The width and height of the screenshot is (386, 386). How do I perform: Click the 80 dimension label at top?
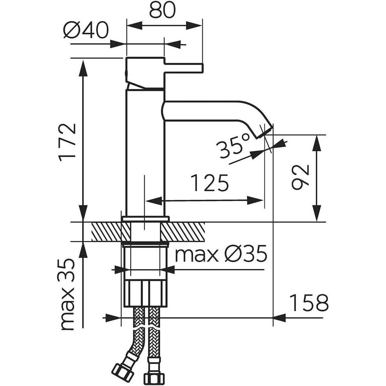pos(162,10)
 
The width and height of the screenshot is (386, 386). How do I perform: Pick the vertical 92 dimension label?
pos(301,178)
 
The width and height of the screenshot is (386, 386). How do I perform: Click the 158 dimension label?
pos(309,303)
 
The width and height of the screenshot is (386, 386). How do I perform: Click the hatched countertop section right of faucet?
pos(183,232)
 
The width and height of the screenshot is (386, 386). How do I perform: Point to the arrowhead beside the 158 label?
pos(280,317)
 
